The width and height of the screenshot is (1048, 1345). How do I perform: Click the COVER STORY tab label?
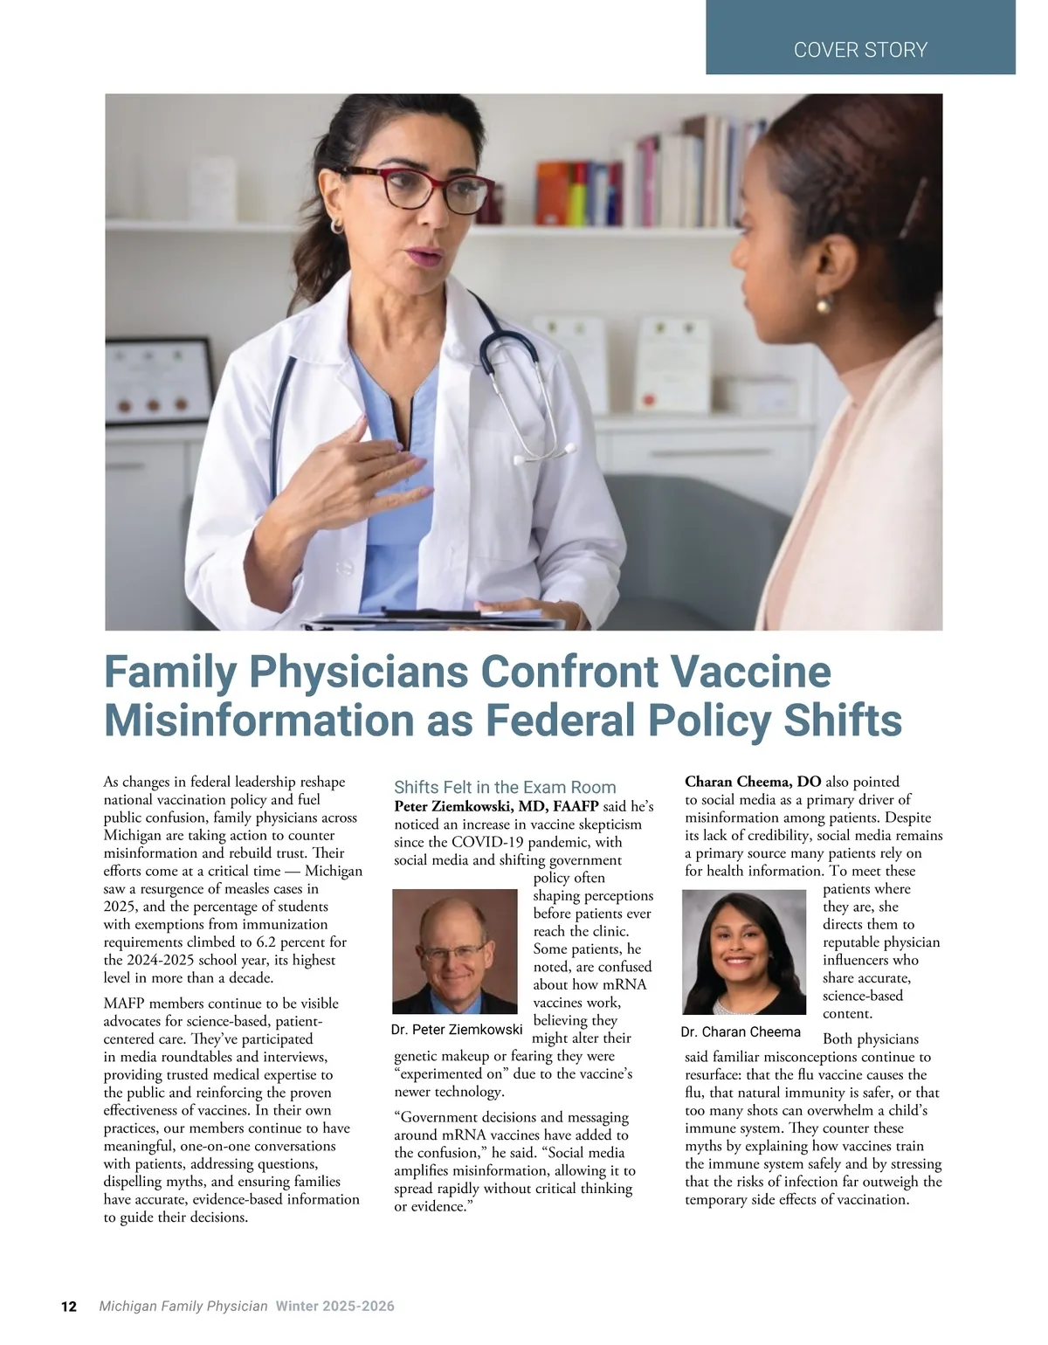pyautogui.click(x=860, y=50)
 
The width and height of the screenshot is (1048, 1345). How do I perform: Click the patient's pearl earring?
pyautogui.click(x=823, y=305)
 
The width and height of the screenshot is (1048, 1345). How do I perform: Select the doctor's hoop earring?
pyautogui.click(x=336, y=226)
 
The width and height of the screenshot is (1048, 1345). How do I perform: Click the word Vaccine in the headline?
pyautogui.click(x=750, y=672)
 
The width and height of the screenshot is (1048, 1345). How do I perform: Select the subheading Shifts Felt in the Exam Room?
pyautogui.click(x=505, y=787)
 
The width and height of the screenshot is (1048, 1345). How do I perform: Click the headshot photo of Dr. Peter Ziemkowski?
pyautogui.click(x=455, y=951)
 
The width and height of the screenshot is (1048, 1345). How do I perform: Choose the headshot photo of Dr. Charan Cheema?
pyautogui.click(x=744, y=952)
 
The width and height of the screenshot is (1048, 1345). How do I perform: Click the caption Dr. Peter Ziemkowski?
pyautogui.click(x=457, y=1030)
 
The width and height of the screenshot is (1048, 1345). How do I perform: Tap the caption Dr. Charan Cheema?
pyautogui.click(x=741, y=1031)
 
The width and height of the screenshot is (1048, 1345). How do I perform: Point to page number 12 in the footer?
pyautogui.click(x=69, y=1307)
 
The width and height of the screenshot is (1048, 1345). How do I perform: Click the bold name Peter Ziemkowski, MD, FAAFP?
pyautogui.click(x=496, y=806)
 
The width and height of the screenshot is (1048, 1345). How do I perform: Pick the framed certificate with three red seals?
pyautogui.click(x=159, y=376)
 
